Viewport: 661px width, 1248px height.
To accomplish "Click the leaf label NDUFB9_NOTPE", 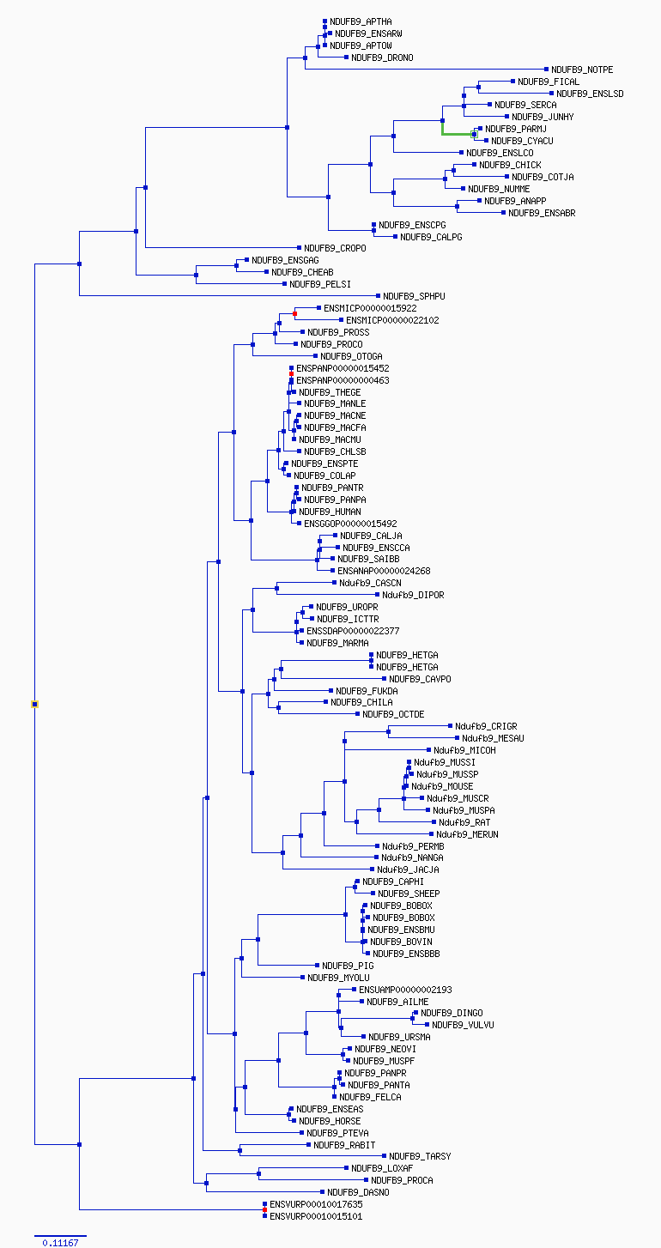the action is click(582, 70).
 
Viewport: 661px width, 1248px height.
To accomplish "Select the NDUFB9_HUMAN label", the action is click(330, 512).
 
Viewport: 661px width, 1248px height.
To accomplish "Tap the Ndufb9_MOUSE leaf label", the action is click(442, 786).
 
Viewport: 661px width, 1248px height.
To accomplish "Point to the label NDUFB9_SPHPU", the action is click(414, 296).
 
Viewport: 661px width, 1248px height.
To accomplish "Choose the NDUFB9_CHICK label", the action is click(510, 165).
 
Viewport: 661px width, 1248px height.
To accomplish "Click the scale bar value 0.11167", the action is click(60, 1243).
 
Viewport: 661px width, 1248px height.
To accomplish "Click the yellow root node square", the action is click(34, 704).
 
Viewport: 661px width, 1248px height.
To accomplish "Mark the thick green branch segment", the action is click(458, 134).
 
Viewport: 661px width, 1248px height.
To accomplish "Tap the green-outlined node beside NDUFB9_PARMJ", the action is click(475, 134).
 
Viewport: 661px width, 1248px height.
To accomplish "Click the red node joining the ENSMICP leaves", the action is click(294, 314).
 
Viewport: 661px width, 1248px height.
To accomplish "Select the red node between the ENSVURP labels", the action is click(264, 1209).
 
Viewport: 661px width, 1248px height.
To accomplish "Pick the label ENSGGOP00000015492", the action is click(350, 524).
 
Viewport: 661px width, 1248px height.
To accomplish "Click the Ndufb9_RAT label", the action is click(464, 822).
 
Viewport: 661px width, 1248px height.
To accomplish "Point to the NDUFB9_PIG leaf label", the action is click(348, 966).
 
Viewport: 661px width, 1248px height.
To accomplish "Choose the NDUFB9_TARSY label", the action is click(420, 1156).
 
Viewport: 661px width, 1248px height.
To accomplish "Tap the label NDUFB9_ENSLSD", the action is click(590, 94).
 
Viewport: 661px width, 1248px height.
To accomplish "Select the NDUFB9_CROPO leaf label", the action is click(335, 248).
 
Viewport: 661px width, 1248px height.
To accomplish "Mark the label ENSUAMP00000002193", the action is click(405, 990).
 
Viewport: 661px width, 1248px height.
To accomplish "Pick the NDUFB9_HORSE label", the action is click(330, 1121).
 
